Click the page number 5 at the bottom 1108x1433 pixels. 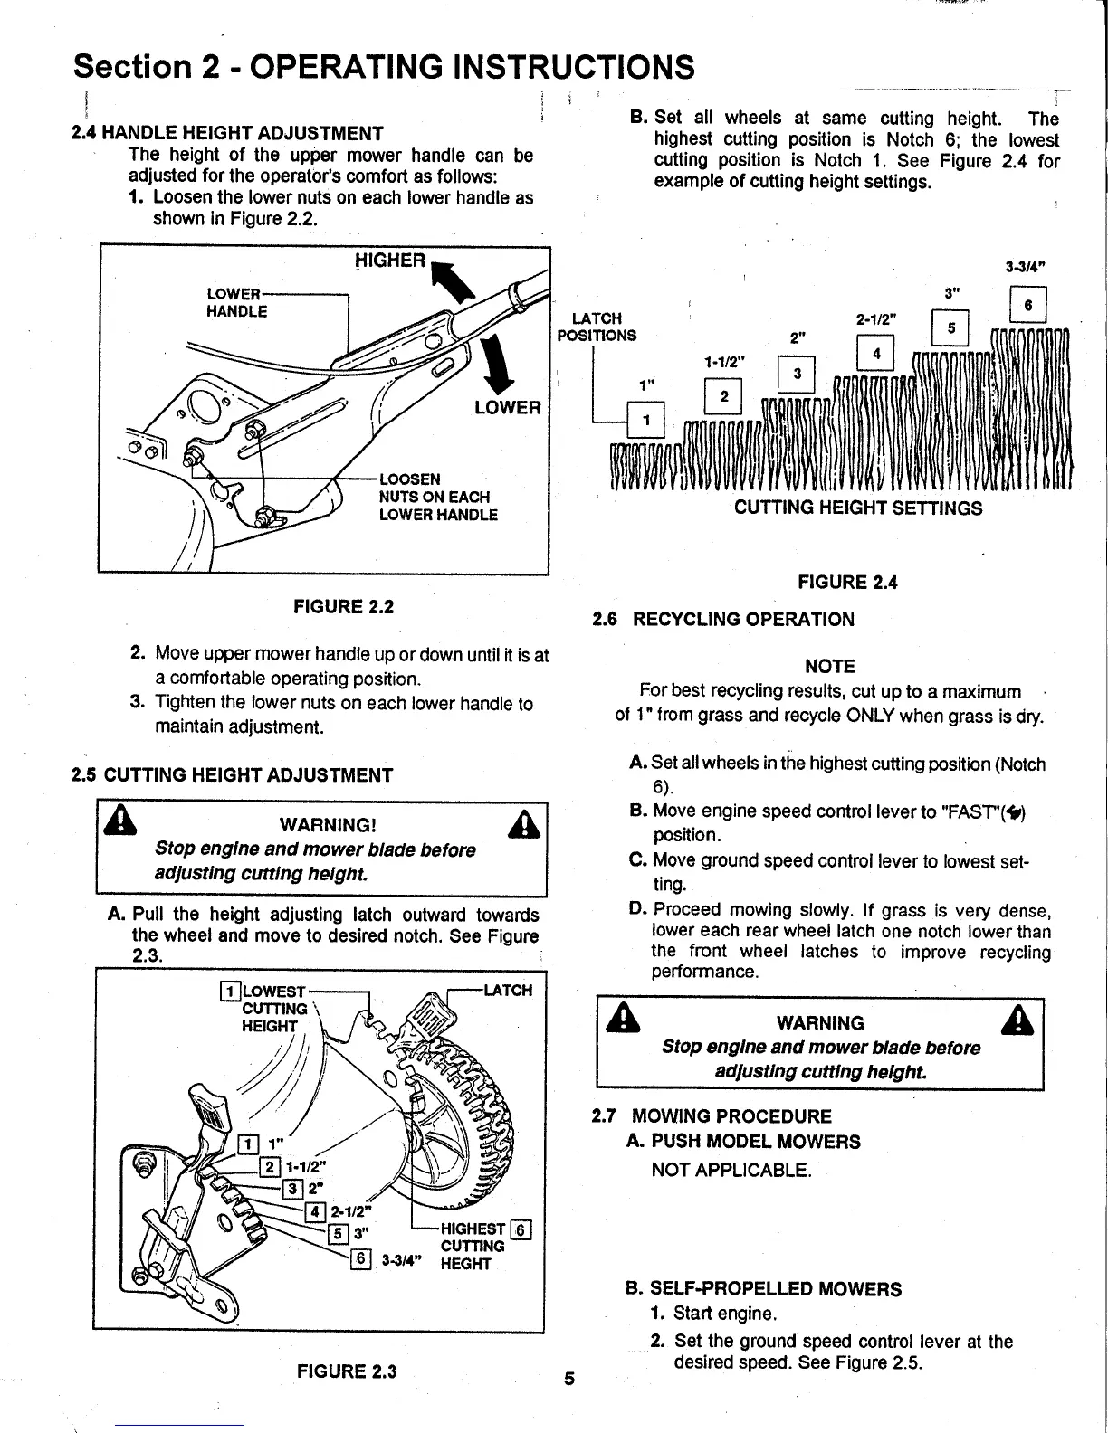[568, 1379]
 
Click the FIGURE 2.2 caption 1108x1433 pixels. [343, 606]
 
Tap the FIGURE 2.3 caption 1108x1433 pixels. [347, 1371]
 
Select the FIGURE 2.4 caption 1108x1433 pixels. [847, 583]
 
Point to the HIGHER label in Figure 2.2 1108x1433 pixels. [389, 261]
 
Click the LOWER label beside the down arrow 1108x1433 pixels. [508, 407]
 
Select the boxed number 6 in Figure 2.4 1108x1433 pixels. [1027, 306]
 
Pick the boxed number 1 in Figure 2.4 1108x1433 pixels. [646, 420]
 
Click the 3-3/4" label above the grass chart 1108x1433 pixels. [1026, 267]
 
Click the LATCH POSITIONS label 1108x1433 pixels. [597, 327]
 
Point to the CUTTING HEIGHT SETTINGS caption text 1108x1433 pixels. [857, 508]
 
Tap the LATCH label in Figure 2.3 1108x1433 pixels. [508, 990]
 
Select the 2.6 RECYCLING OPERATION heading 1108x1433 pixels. [722, 620]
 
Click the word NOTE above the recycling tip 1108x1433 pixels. [829, 667]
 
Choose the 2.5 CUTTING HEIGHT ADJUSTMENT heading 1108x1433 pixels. [233, 775]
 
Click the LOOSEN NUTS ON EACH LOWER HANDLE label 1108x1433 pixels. [438, 497]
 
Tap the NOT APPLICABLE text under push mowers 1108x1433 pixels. [731, 1171]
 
